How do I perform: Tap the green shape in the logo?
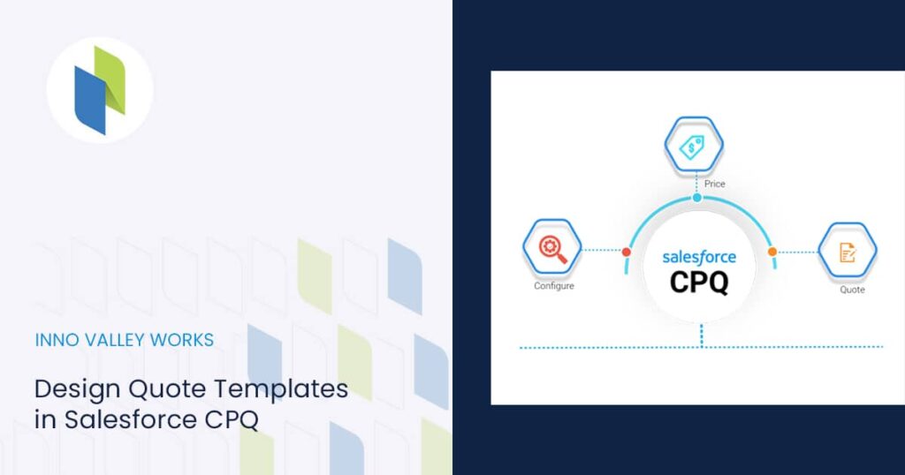pos(111,78)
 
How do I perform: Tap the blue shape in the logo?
pos(89,102)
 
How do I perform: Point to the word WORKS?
pos(183,340)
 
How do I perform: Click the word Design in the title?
pos(77,388)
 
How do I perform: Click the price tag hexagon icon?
pos(694,147)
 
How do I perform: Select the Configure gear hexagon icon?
pos(553,246)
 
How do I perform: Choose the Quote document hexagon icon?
pos(847,252)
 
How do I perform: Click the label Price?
pos(715,185)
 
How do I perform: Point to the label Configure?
pos(554,286)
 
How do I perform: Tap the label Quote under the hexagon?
pos(852,290)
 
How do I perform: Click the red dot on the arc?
pos(627,253)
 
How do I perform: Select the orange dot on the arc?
pos(772,252)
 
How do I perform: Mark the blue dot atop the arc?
pos(697,198)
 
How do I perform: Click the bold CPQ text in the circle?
pos(699,282)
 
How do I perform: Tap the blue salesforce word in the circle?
pos(699,257)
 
